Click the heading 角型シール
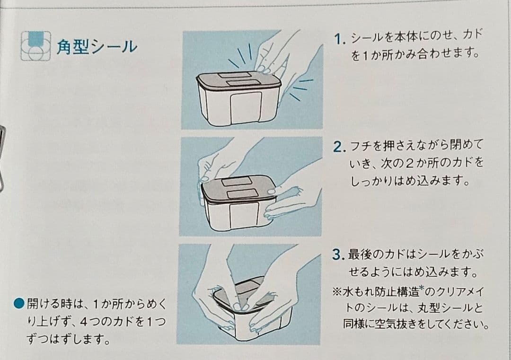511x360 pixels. tap(97, 46)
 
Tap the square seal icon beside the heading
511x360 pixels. tap(36, 46)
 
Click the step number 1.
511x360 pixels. tap(339, 39)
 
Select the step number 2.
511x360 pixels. tap(339, 147)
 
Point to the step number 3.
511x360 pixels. tap(338, 255)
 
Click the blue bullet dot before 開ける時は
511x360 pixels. tap(19, 303)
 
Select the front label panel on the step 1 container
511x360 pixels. tap(246, 107)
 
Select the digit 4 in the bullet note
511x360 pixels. tap(83, 322)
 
